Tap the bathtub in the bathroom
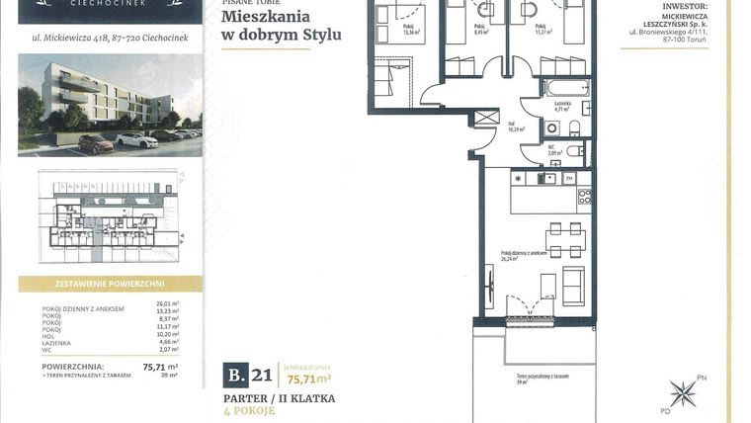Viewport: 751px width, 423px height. [x=563, y=88]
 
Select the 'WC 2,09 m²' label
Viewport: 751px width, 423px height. [x=555, y=152]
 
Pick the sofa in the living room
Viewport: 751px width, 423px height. [x=572, y=285]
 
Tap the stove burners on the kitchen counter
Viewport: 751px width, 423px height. [x=584, y=195]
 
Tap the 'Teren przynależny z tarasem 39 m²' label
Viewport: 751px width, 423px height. [x=542, y=379]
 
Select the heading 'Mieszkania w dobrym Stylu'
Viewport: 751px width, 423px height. [x=282, y=26]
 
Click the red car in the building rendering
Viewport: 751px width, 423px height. [x=96, y=144]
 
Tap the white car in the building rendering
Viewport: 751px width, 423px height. [x=137, y=140]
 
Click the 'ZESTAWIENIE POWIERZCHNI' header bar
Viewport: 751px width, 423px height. [x=109, y=284]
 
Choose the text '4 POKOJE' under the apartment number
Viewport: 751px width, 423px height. [x=248, y=410]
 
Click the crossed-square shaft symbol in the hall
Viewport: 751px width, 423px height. [x=483, y=117]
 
